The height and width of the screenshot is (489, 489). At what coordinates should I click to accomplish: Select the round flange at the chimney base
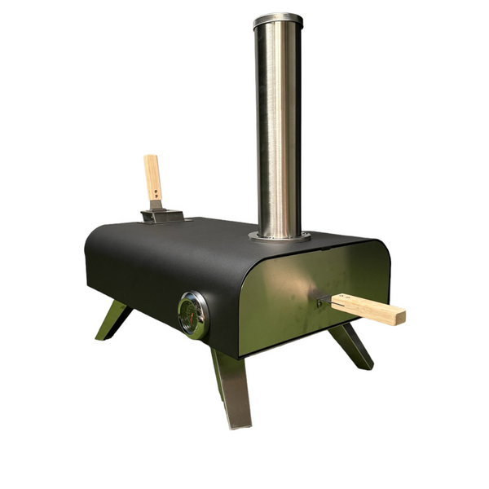click(x=279, y=236)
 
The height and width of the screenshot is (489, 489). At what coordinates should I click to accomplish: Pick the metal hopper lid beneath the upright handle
click(x=162, y=216)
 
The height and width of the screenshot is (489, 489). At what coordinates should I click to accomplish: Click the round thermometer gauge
click(x=193, y=315)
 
